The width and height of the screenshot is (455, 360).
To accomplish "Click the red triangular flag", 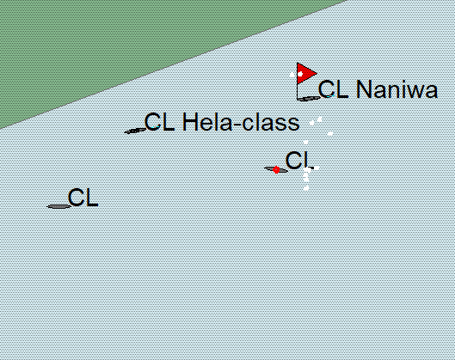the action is click(x=304, y=73).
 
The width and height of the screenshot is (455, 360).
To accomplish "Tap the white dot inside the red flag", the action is click(x=300, y=74).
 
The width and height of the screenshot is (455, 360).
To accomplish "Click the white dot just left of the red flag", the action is click(x=292, y=75).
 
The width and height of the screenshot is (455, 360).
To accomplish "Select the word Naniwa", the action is click(x=397, y=89).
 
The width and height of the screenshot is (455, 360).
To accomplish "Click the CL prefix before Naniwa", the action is click(x=333, y=89).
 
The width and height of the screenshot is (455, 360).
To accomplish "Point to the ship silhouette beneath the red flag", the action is click(x=310, y=99).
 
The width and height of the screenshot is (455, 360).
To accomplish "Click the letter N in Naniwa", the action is click(x=363, y=89).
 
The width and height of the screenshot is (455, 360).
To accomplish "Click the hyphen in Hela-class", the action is click(x=237, y=124).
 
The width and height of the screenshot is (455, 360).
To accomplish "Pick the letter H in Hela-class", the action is click(x=189, y=122).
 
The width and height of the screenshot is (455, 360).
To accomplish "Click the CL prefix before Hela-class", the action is click(x=159, y=122).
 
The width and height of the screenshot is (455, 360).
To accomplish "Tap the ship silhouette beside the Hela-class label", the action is click(x=135, y=131).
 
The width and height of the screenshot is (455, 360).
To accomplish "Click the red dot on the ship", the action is click(x=276, y=170).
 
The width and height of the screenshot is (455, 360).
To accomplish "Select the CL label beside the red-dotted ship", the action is click(x=298, y=161).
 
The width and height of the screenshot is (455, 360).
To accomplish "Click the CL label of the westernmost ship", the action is click(x=83, y=198).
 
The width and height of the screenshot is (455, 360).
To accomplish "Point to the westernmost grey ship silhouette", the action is click(x=58, y=207).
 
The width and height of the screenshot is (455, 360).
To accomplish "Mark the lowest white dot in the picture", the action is click(x=306, y=188).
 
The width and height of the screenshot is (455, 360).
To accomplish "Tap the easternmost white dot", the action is click(x=330, y=133).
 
